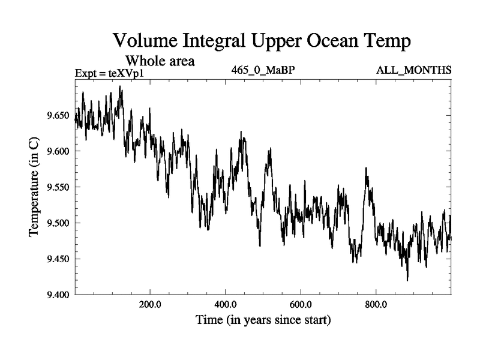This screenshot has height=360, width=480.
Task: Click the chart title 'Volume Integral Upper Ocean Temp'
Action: click(262, 41)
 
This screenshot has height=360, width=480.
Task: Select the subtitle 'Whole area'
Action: click(160, 61)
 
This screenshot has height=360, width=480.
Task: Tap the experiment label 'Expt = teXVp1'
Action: click(110, 73)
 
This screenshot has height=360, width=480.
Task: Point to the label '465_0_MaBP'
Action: click(263, 70)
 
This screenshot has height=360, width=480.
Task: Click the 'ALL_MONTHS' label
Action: click(413, 70)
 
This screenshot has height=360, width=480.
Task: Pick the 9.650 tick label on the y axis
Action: click(58, 115)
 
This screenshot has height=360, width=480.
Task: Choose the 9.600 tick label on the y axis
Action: click(58, 151)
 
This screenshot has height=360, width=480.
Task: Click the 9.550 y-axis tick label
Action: click(58, 187)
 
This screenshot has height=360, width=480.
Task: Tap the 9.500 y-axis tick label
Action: click(58, 223)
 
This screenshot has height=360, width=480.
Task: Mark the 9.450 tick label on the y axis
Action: click(58, 259)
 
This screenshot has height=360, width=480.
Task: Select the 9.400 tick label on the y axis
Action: click(58, 295)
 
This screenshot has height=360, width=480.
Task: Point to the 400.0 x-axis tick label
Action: click(225, 304)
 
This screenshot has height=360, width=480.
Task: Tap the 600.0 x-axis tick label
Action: click(300, 304)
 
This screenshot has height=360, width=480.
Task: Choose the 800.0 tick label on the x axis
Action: click(376, 304)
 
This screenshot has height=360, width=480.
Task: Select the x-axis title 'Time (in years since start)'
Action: click(263, 320)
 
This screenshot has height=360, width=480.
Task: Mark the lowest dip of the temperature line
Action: click(407, 280)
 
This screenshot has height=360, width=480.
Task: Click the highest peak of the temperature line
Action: click(120, 86)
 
